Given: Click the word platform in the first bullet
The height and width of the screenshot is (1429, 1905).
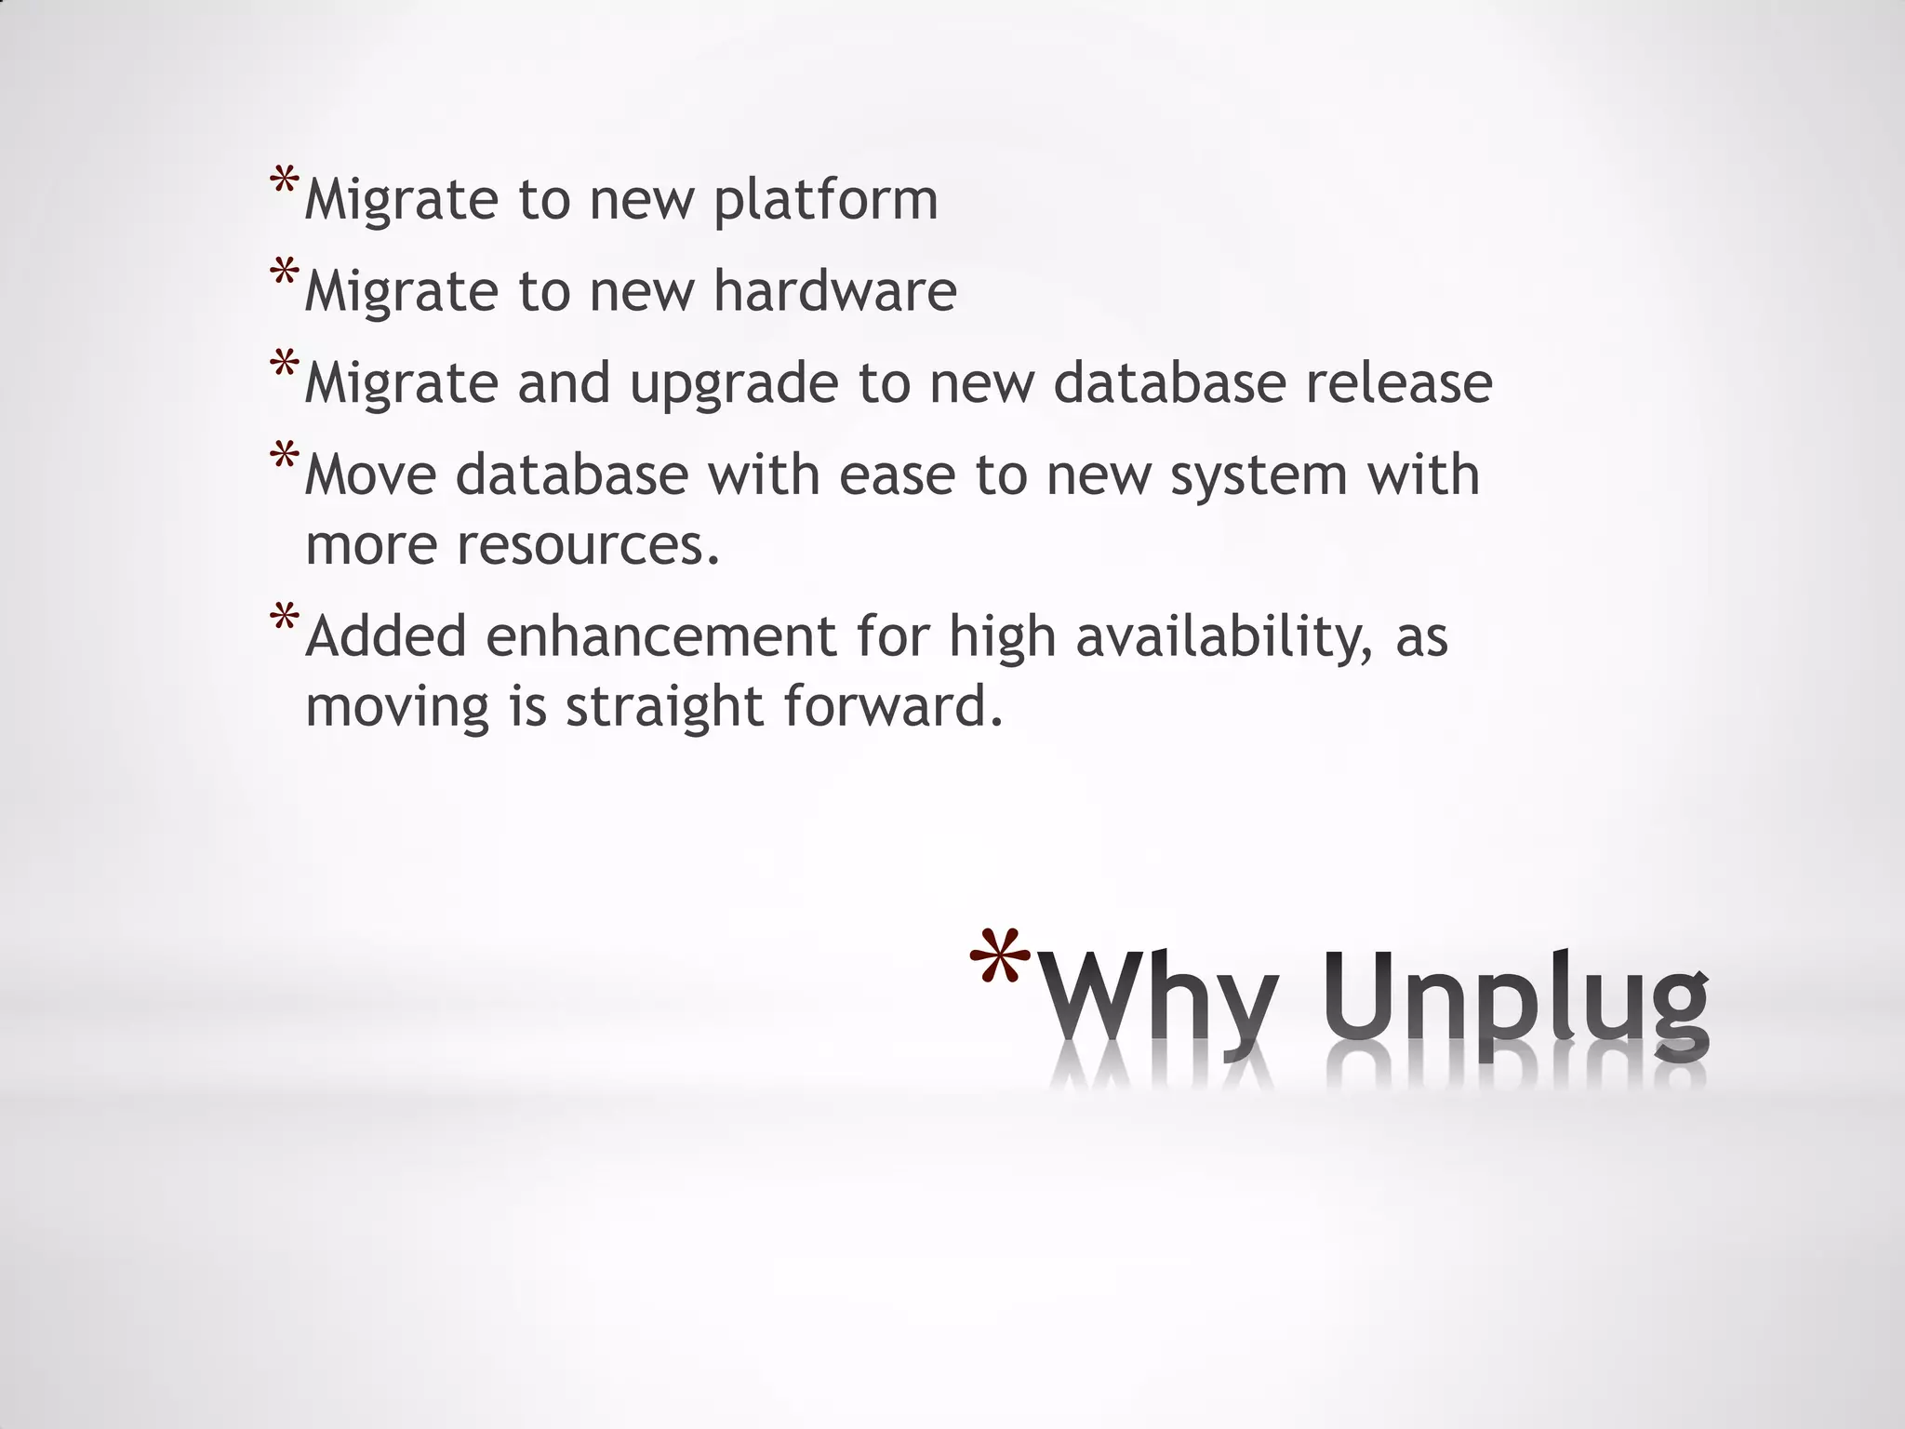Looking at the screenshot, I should pos(826,201).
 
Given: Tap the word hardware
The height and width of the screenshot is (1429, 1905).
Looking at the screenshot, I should pos(834,291).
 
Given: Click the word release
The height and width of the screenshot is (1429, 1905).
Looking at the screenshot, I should pos(1398,382).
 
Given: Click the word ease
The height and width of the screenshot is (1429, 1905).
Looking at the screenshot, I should pos(897,474).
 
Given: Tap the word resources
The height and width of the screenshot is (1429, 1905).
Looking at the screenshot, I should pos(589,544).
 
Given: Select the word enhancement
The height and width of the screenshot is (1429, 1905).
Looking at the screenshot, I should pos(661,637).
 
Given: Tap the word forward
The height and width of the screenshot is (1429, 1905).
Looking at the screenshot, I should pos(894,706).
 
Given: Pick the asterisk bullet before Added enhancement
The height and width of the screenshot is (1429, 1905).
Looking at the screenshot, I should pos(284,619).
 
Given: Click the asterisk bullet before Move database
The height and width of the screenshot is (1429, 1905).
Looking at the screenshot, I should pos(284,457).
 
